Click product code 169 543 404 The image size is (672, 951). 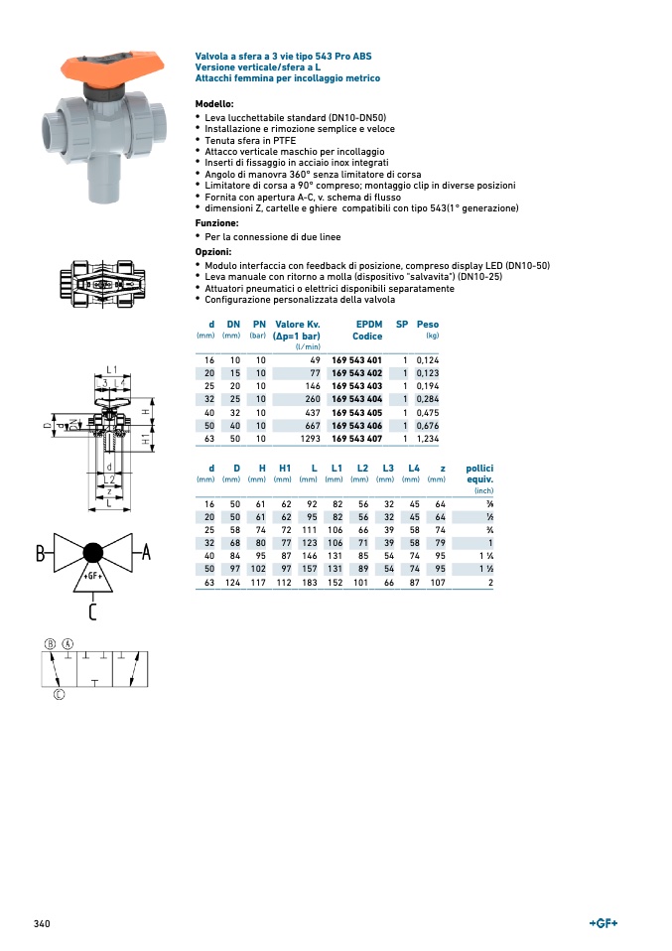coord(356,399)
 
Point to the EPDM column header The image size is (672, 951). coord(368,325)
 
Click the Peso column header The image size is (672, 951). coord(428,325)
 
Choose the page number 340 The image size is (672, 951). coord(42,924)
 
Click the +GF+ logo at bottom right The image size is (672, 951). coord(604,924)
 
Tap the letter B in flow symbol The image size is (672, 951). coord(42,553)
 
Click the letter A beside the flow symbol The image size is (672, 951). coord(146,553)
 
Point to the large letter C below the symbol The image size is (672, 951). coord(92,611)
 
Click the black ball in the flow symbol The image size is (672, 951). coord(93,553)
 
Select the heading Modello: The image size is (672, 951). coord(214,104)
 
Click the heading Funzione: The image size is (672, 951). coord(216,223)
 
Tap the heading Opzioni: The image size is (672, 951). coord(213,252)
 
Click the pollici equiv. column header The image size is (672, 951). coord(480,473)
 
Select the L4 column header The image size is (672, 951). coord(414,468)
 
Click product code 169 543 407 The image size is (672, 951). coord(356,438)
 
